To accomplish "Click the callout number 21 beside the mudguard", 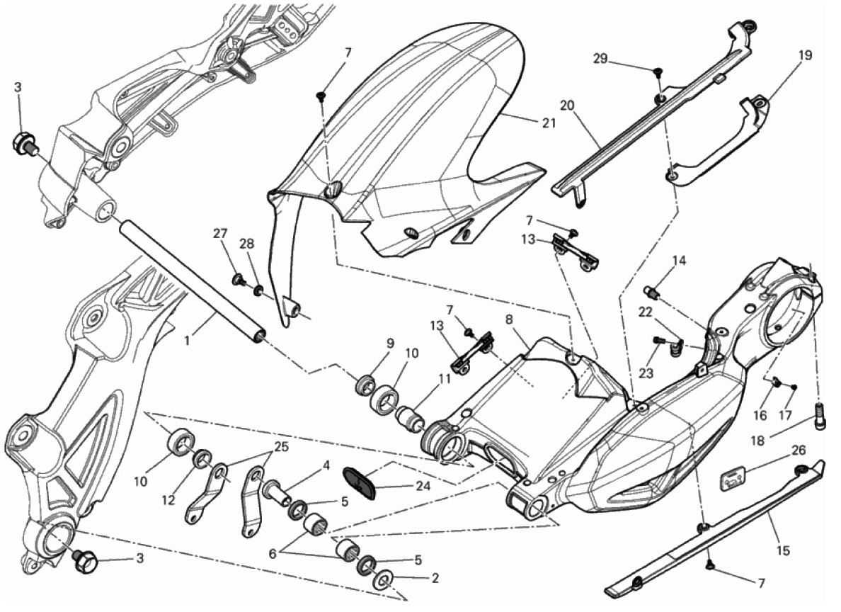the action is tap(548, 123).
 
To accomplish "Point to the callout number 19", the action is tap(804, 55).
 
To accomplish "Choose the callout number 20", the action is tap(568, 106).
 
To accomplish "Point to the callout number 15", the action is tap(782, 551).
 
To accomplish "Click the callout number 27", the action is tap(220, 234).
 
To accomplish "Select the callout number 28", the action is tap(247, 243).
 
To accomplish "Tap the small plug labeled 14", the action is tap(652, 292).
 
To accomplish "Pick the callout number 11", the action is tap(444, 378).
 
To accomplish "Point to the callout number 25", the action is tap(281, 446).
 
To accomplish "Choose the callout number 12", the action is tap(168, 500).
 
